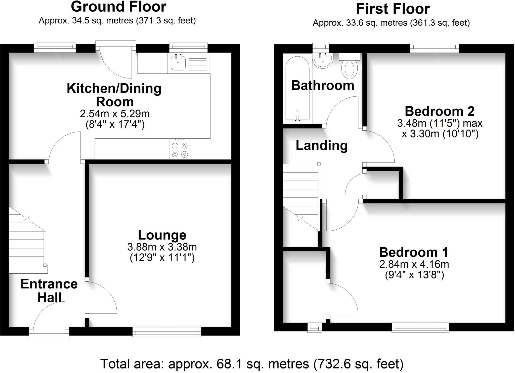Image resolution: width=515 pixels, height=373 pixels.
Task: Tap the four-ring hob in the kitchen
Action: (x=180, y=150)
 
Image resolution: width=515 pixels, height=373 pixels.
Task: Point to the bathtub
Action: (x=297, y=88)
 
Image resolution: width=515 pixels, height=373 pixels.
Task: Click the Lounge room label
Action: (x=162, y=235)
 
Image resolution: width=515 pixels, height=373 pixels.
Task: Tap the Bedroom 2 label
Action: (x=439, y=111)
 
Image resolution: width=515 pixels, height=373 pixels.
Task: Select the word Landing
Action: (x=322, y=146)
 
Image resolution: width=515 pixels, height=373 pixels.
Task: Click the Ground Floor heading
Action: (x=118, y=7)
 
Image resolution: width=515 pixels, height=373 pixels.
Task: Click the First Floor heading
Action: (x=393, y=9)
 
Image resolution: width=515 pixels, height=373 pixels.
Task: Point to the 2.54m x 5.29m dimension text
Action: (x=115, y=114)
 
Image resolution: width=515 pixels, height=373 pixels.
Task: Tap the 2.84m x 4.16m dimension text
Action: (x=414, y=264)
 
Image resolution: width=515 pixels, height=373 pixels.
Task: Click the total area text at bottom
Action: (x=252, y=364)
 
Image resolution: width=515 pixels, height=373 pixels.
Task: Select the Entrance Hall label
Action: (x=49, y=291)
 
